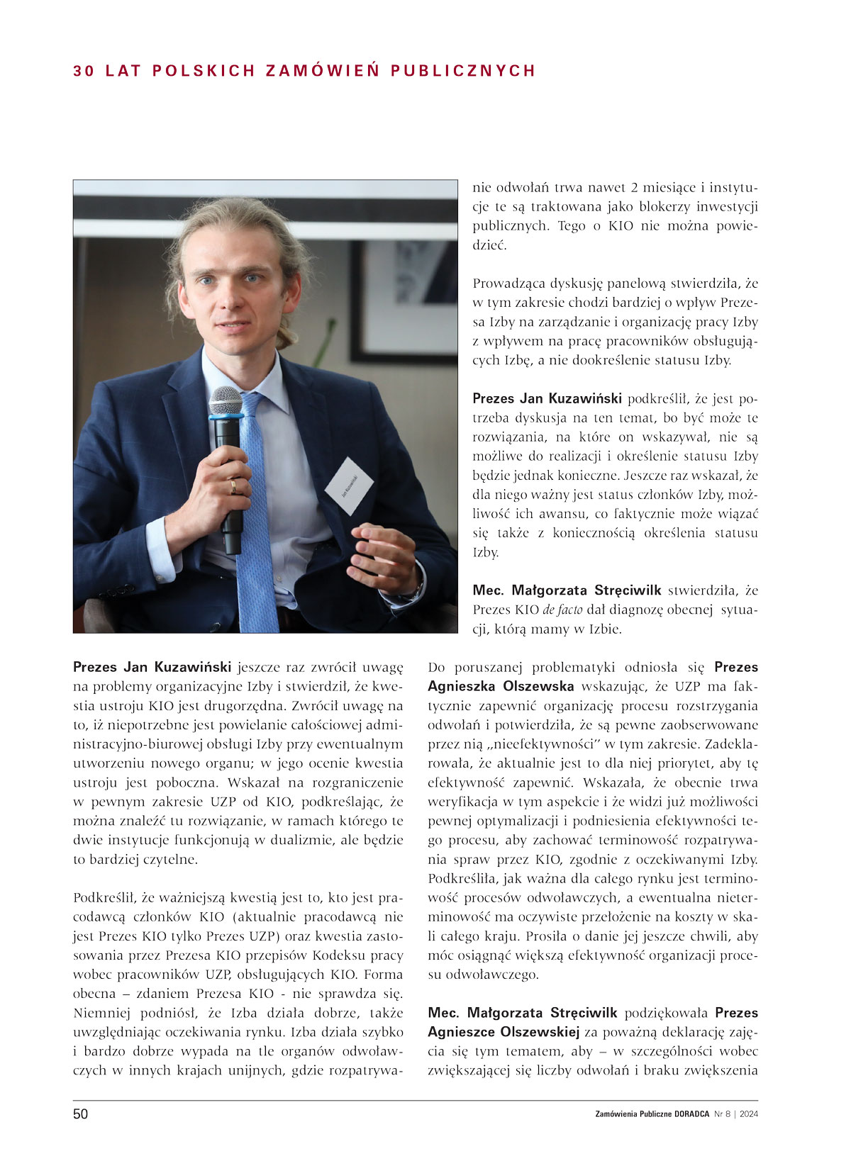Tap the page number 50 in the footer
point(81,1114)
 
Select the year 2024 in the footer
point(749,1114)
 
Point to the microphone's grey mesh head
point(226,401)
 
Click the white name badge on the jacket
point(349,486)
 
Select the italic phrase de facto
point(562,610)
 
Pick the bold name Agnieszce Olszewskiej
point(504,1032)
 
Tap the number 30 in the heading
point(84,71)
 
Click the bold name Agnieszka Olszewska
point(501,686)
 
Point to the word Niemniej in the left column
point(104,1013)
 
